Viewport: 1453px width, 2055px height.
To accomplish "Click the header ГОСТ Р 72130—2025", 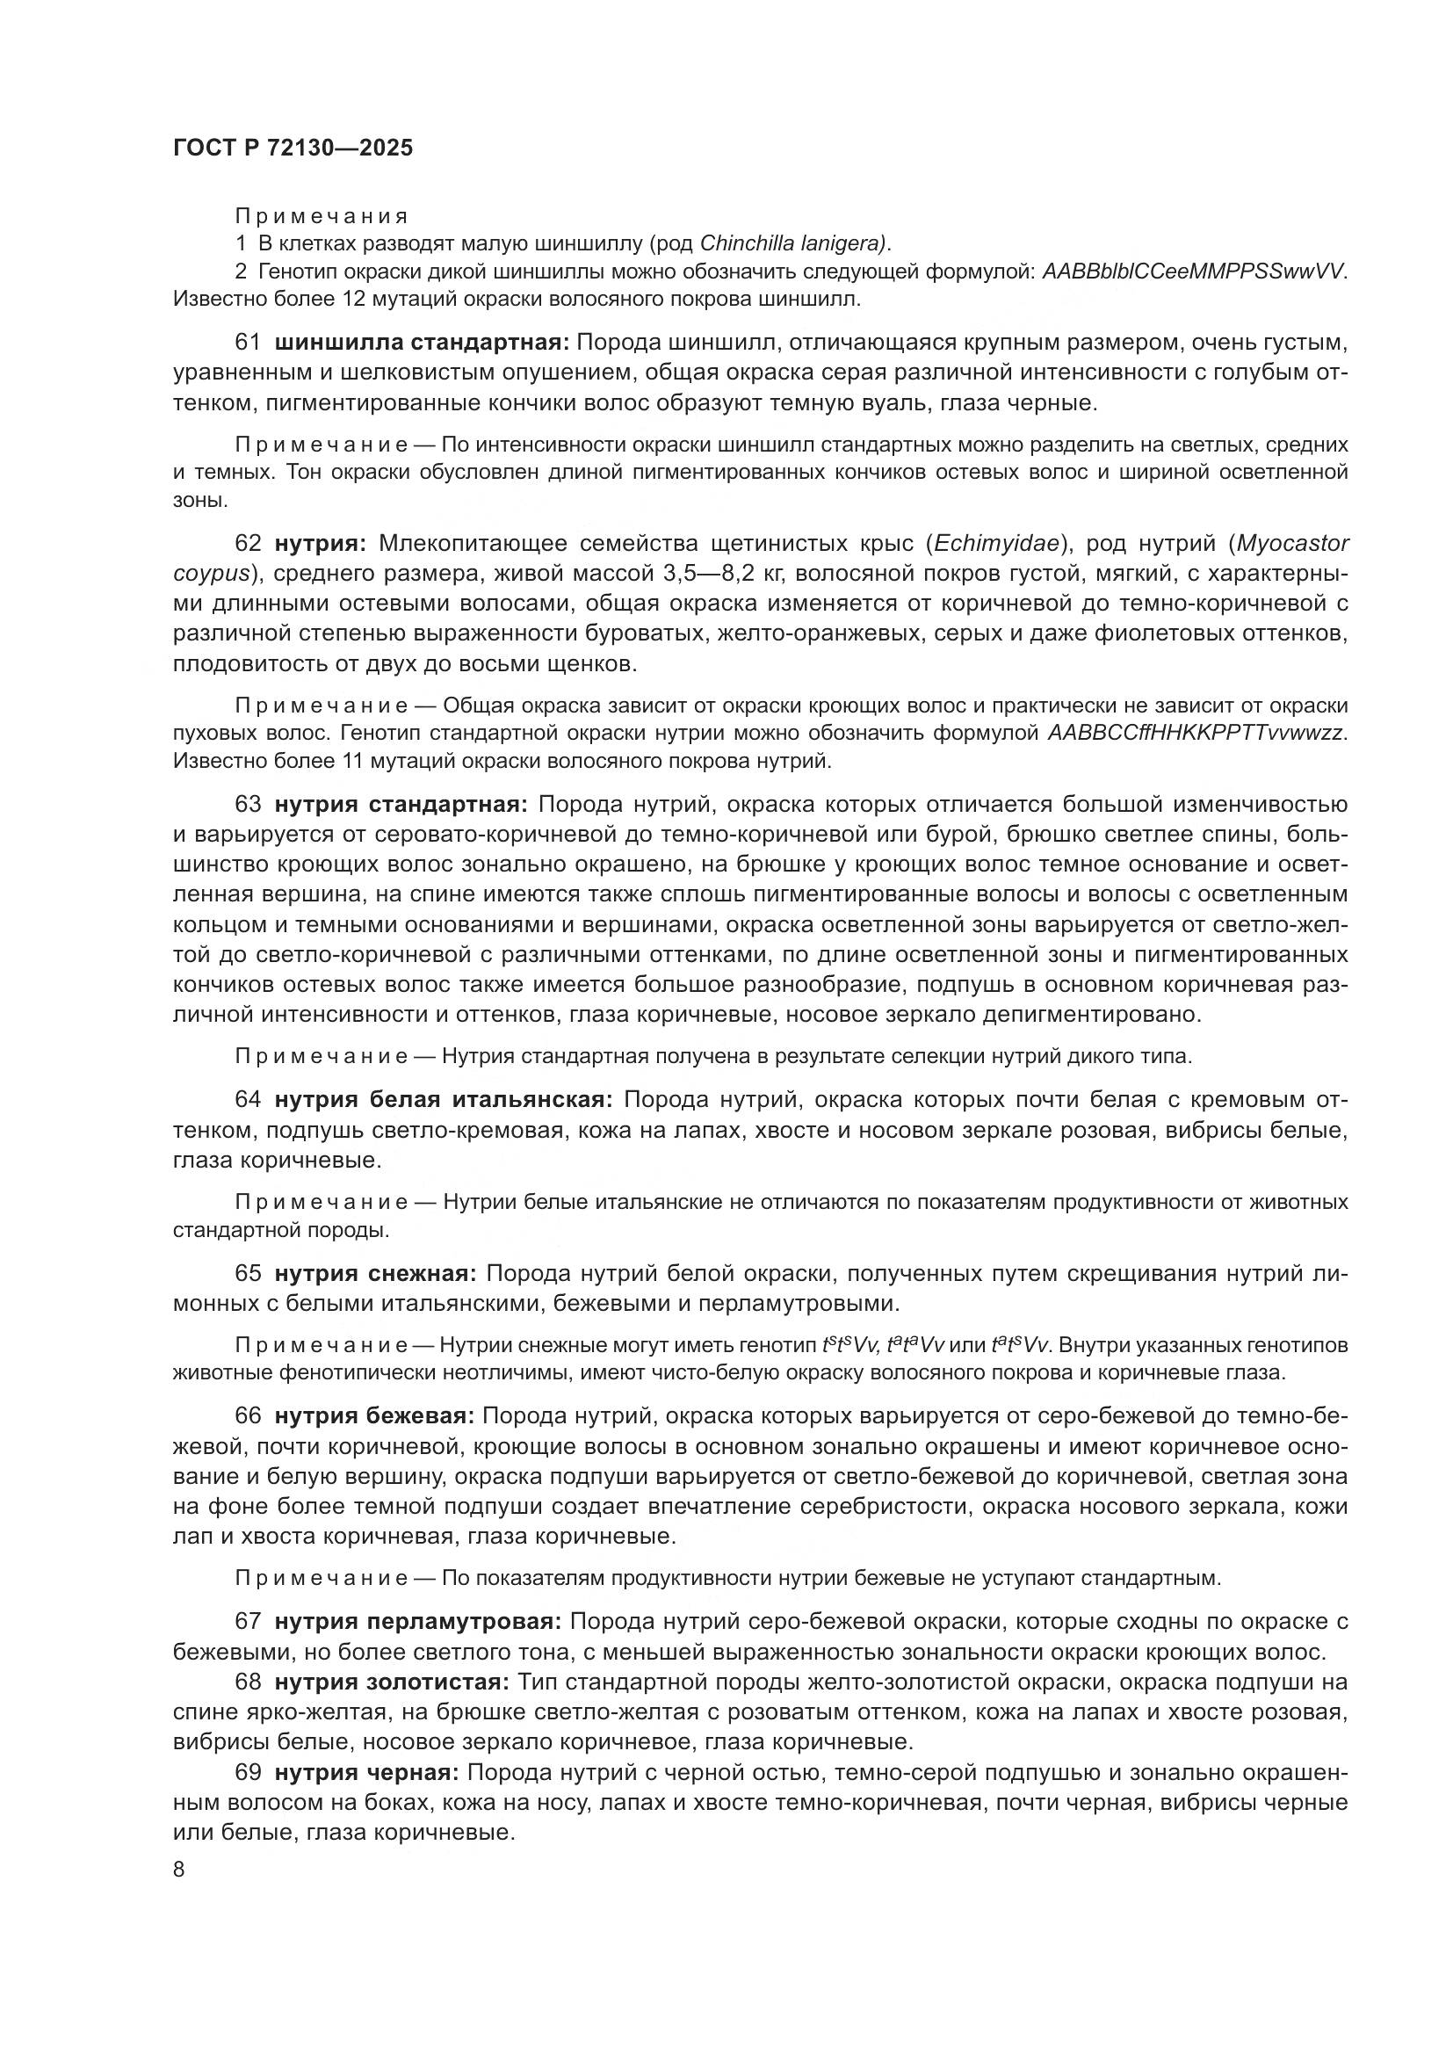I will coord(293,148).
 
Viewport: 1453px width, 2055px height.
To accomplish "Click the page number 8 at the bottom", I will coord(179,1870).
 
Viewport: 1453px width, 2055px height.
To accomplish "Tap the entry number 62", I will coord(248,543).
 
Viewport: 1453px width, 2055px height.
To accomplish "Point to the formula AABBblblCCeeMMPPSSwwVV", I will coord(1194,271).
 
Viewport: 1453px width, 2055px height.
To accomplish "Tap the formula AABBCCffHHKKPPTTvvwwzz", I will coord(1196,733).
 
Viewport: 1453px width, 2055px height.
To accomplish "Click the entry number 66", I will coord(248,1416).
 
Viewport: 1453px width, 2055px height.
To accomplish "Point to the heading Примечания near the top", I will coord(322,216).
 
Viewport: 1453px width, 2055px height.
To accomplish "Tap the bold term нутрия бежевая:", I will coord(374,1416).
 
